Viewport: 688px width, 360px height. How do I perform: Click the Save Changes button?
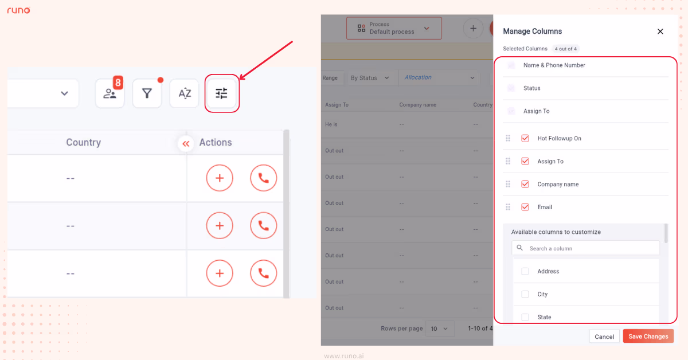(648, 336)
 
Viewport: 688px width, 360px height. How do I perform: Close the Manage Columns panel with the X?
(660, 32)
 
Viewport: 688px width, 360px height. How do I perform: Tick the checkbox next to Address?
(525, 271)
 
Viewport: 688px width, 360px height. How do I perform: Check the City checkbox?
(525, 294)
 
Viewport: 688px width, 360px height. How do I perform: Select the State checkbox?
(525, 317)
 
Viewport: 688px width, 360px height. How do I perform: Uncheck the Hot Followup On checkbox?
(525, 138)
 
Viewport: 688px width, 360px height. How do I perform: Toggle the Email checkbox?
(525, 207)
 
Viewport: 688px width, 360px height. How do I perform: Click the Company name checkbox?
(525, 184)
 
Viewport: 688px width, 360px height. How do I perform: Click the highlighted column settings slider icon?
(222, 93)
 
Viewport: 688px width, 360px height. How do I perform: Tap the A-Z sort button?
(185, 93)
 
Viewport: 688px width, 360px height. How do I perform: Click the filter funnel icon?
(147, 93)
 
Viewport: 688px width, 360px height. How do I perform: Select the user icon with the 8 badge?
(110, 93)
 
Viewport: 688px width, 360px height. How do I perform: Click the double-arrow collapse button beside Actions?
(186, 144)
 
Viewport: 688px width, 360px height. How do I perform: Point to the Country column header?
(83, 143)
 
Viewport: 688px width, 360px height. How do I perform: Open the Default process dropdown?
(394, 28)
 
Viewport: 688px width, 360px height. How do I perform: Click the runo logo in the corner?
(19, 10)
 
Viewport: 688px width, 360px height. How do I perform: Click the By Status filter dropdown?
(370, 78)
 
